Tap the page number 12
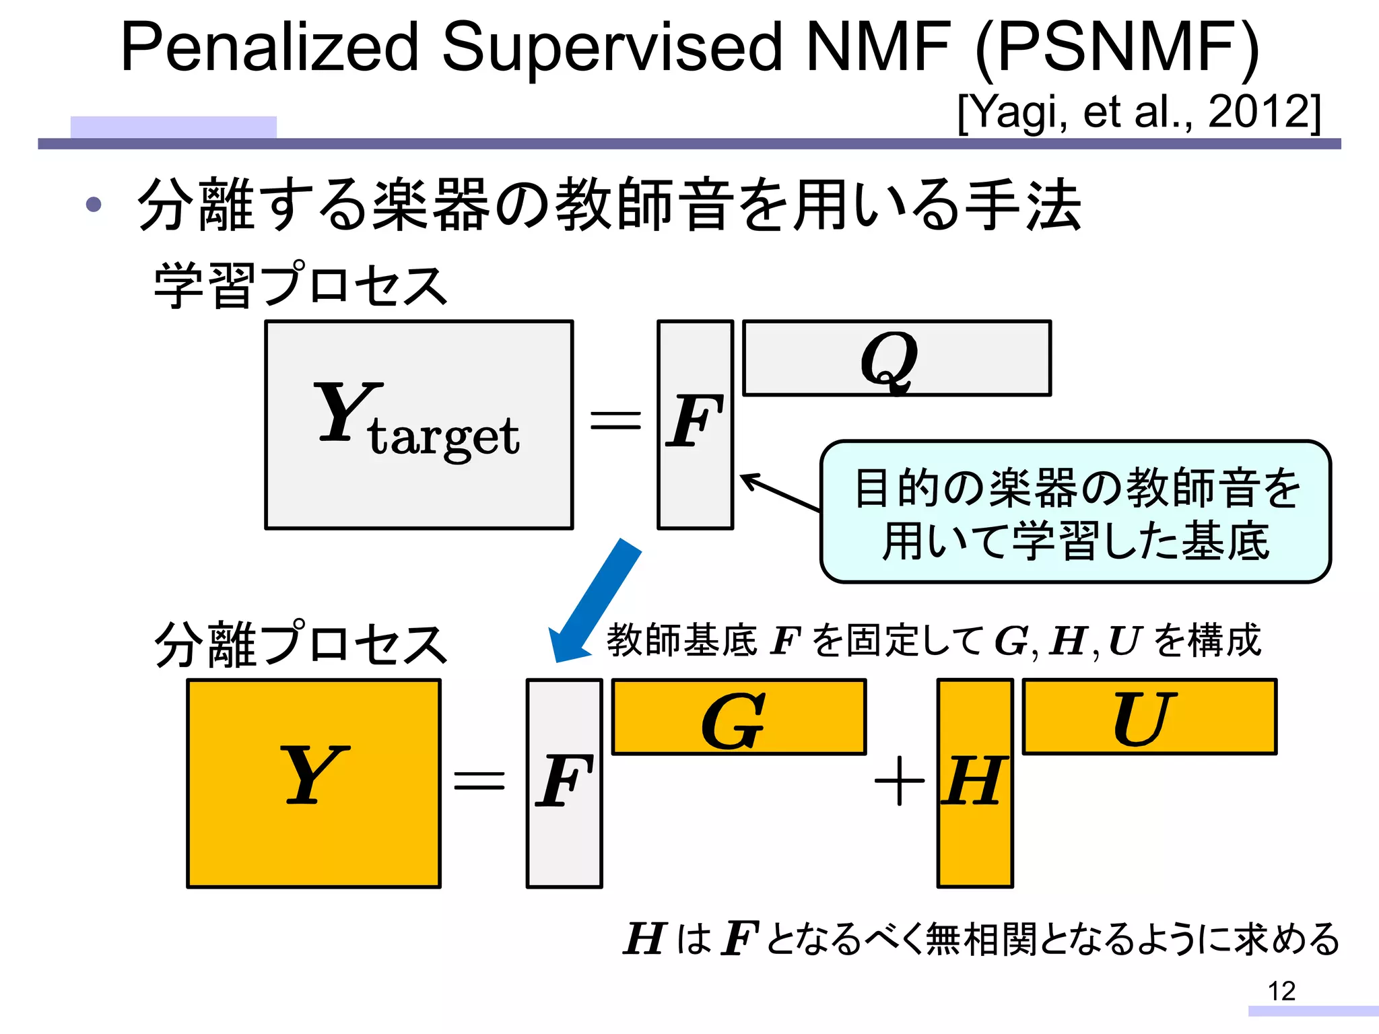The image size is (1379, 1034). coord(1281,991)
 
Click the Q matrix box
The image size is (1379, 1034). coord(896,358)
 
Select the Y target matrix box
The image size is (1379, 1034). coord(419,425)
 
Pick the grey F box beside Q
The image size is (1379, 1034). coord(695,425)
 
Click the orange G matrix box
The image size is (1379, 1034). coord(739,717)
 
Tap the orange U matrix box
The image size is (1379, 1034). coord(1149,717)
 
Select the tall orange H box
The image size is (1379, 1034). coord(975,784)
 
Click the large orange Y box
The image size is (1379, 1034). coord(314,784)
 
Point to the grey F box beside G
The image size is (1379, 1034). coord(564,784)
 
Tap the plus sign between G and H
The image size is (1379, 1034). coord(899,781)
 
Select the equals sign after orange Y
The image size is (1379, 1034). coord(479,781)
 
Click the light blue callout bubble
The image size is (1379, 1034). coord(1075,512)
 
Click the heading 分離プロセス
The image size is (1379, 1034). coord(300,644)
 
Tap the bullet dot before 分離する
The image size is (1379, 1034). coord(94,204)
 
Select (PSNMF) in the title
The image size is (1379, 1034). coord(1118,47)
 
